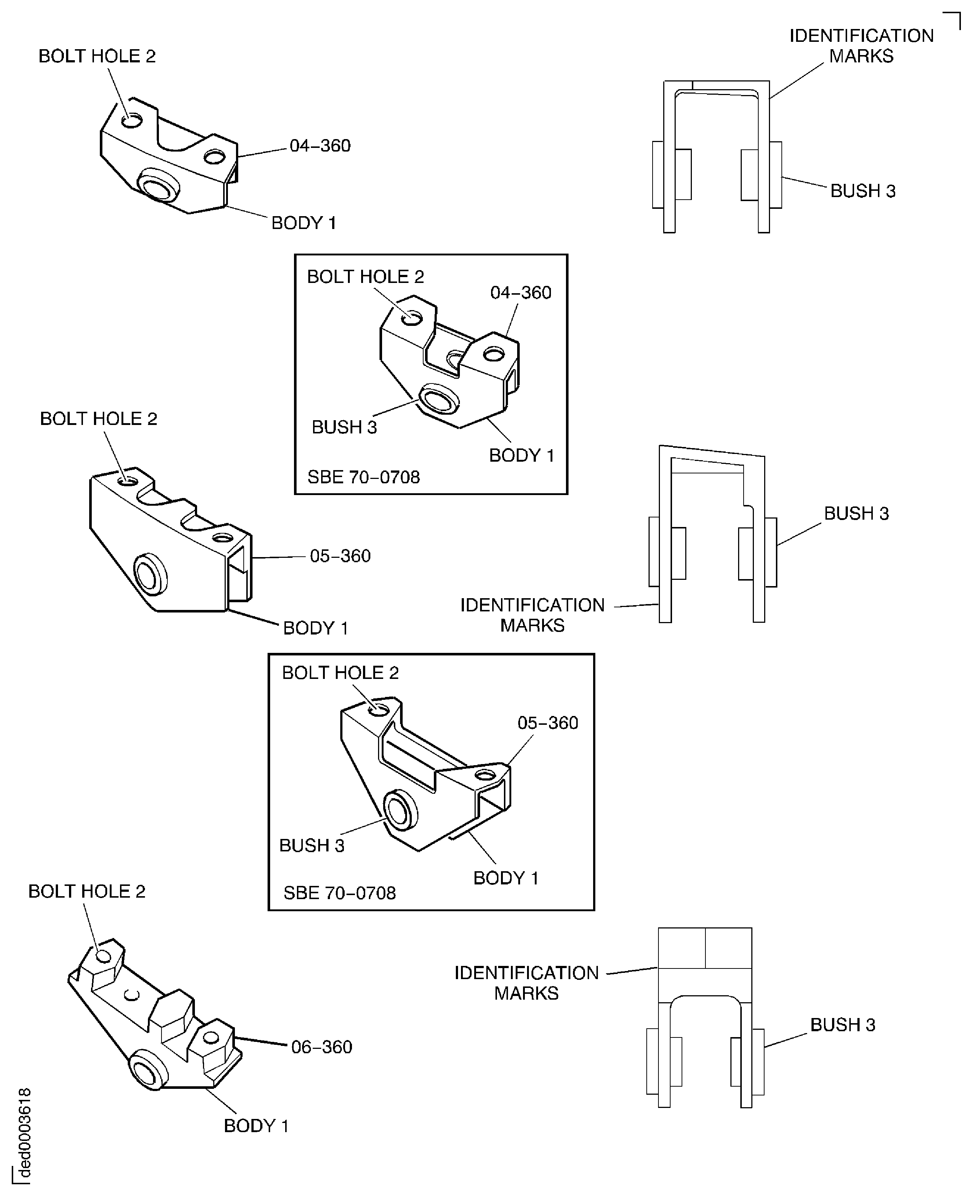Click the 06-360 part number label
tap(321, 1046)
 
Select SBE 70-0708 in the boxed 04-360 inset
tap(363, 477)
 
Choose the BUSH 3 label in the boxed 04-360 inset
tap(344, 427)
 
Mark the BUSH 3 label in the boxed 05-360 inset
tap(312, 845)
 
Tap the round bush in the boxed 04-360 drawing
tap(440, 399)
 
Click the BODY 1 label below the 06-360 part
tap(256, 1126)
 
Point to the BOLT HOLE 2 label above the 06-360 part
tap(87, 891)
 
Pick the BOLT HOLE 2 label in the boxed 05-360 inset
tap(340, 673)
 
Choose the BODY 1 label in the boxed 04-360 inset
tap(521, 455)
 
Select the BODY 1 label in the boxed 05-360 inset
tap(505, 878)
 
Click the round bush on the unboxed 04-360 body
tap(159, 187)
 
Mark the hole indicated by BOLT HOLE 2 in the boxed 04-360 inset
tap(413, 318)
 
